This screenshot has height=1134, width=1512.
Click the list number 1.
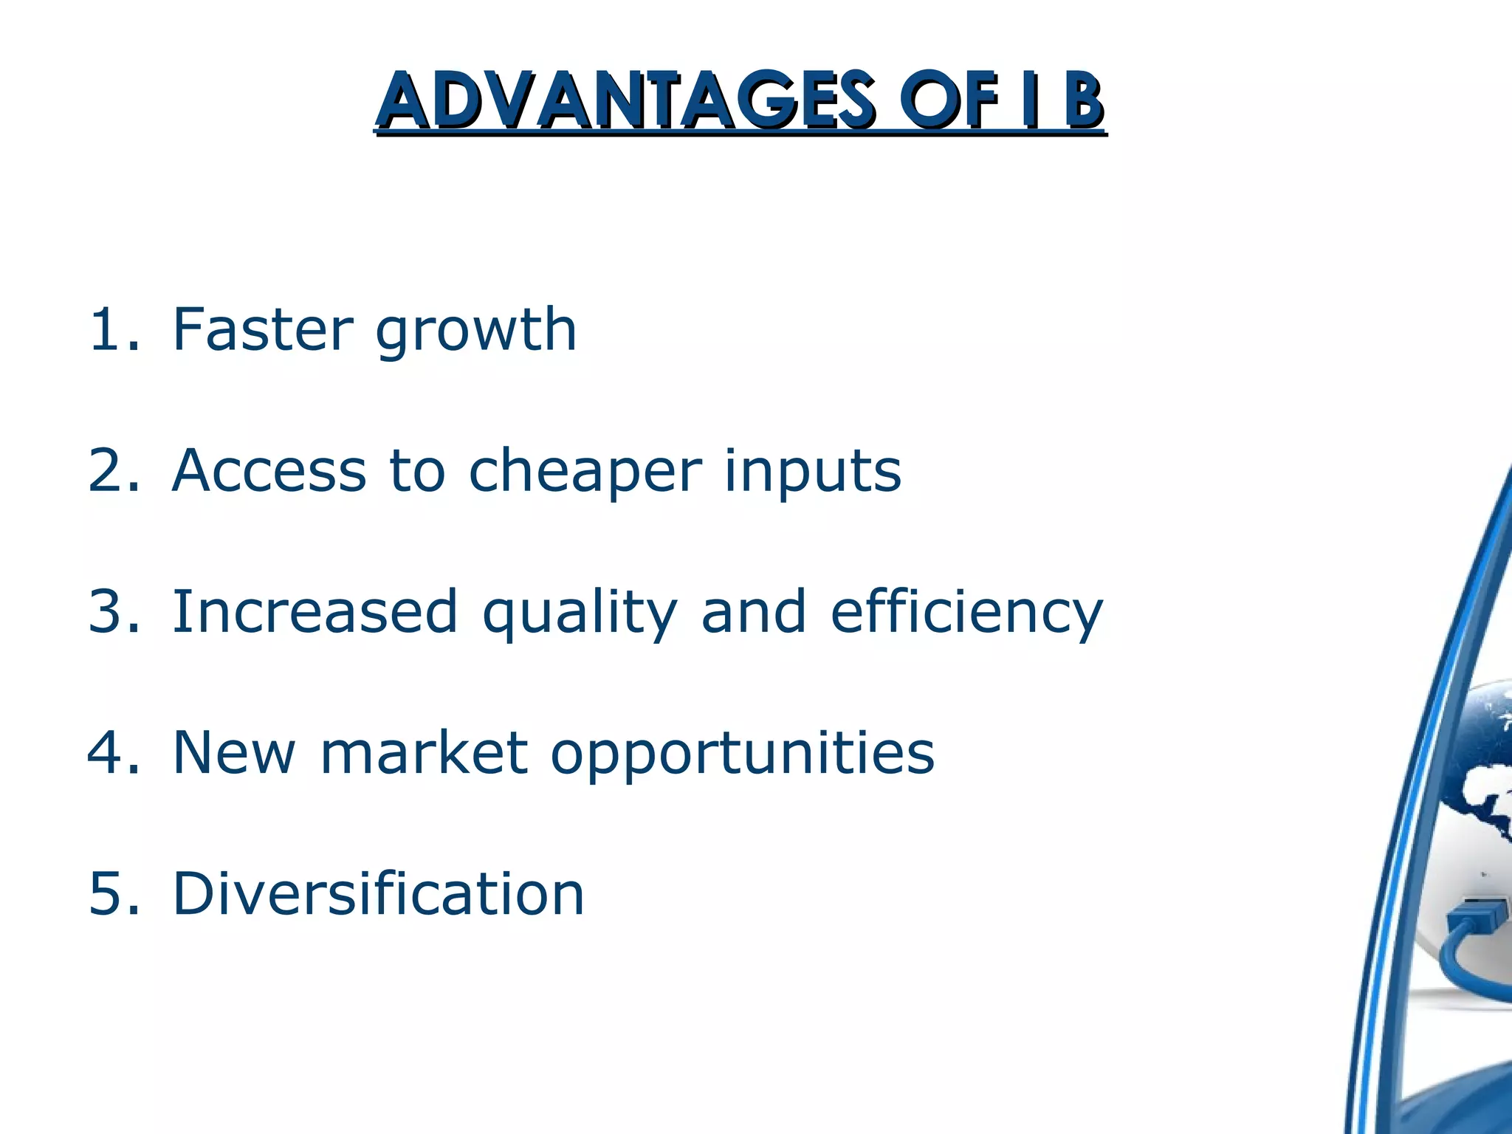pyautogui.click(x=111, y=330)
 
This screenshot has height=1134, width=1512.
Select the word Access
pyautogui.click(x=269, y=470)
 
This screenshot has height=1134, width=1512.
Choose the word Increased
pyautogui.click(x=315, y=611)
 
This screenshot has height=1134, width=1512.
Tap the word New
pyautogui.click(x=233, y=752)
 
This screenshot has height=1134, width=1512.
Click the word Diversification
pyautogui.click(x=378, y=893)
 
